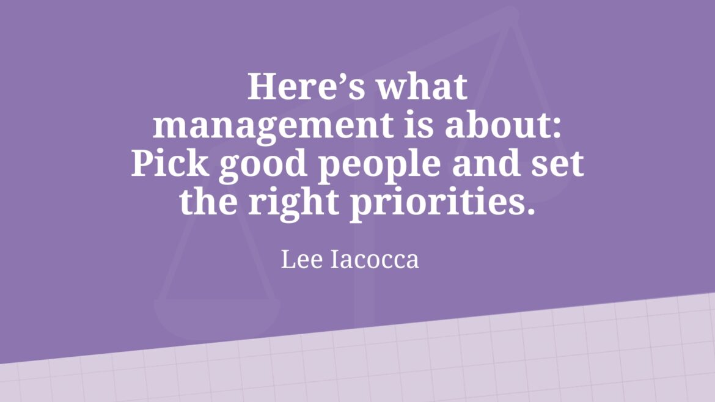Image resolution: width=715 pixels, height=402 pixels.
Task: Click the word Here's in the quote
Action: (306, 87)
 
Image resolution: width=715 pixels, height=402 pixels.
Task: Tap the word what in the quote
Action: (422, 87)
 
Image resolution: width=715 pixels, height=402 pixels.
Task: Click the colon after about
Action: (556, 128)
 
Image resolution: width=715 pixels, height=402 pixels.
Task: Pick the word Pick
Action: (170, 163)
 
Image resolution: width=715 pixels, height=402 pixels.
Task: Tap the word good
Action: (263, 166)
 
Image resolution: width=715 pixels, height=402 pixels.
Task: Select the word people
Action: (380, 166)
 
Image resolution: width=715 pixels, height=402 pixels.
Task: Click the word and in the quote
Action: (486, 163)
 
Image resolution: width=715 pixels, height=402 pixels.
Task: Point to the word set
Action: (558, 165)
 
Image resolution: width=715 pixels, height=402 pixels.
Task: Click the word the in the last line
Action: (208, 201)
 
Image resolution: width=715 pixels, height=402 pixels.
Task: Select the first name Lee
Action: (302, 259)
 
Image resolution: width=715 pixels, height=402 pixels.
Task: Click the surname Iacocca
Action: (375, 259)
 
